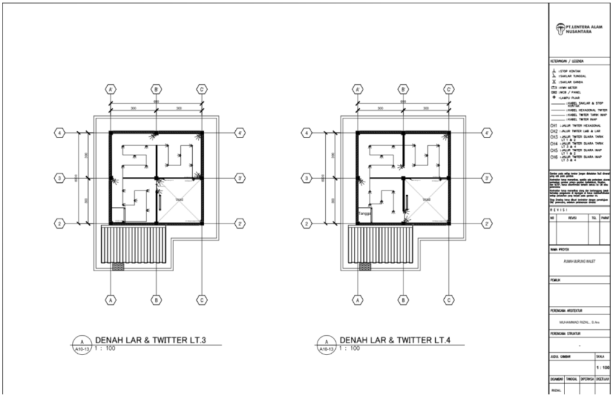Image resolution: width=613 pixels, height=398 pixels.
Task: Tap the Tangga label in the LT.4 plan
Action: (363, 213)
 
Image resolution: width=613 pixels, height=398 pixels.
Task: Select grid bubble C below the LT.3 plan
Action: (202, 299)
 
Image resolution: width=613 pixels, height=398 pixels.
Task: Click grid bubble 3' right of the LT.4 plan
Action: (488, 178)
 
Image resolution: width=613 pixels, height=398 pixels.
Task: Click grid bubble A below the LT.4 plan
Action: (357, 299)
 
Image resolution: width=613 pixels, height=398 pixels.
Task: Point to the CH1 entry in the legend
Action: (554, 127)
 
